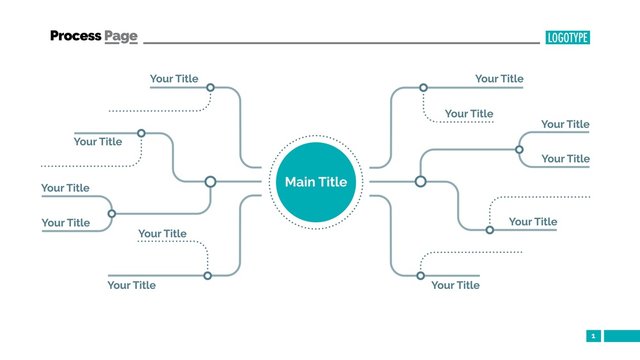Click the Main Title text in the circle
click(x=316, y=182)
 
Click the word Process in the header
click(x=76, y=36)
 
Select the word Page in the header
click(x=121, y=37)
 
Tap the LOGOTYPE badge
click(x=568, y=37)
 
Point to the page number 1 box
click(x=593, y=336)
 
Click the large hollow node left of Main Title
click(x=210, y=182)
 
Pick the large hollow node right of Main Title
click(x=421, y=181)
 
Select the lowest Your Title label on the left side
click(x=132, y=285)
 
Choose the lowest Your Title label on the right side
click(x=455, y=285)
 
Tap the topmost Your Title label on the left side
click(x=174, y=79)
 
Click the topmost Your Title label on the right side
click(x=499, y=79)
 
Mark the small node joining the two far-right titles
click(x=519, y=149)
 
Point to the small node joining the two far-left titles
click(x=111, y=213)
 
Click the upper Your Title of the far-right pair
click(x=565, y=125)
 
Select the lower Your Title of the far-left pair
click(x=65, y=223)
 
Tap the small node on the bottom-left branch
click(x=208, y=275)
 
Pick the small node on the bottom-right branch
click(x=421, y=275)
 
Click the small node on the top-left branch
click(x=210, y=88)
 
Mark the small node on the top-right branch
click(x=422, y=88)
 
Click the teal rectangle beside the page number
click(x=620, y=336)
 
